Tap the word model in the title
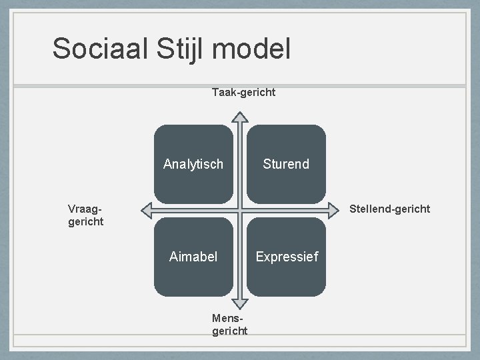tap(257, 49)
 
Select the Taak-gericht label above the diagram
tap(243, 92)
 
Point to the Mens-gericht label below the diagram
tap(229, 325)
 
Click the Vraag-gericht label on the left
tap(86, 215)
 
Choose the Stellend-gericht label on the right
tap(390, 209)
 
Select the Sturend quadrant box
tap(286, 180)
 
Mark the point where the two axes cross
tap(240, 210)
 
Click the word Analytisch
tap(193, 164)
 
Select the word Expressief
tap(286, 257)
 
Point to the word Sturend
tap(286, 164)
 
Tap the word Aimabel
tap(193, 257)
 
